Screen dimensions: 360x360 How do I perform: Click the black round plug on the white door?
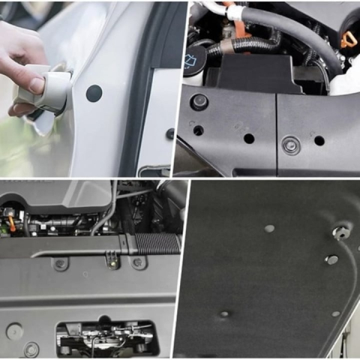pyautogui.click(x=94, y=94)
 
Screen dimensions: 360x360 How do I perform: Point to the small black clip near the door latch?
pyautogui.click(x=170, y=133)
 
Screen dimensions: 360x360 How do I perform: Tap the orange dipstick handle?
pyautogui.click(x=347, y=37)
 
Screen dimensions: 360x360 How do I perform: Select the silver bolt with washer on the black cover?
pyautogui.click(x=290, y=145)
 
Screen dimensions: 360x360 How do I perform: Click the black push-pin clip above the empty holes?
pyautogui.click(x=199, y=102)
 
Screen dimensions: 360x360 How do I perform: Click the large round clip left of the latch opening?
pyautogui.click(x=14, y=331)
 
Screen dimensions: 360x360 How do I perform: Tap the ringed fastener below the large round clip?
pyautogui.click(x=31, y=349)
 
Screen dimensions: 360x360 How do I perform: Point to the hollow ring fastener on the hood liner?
pyautogui.click(x=341, y=232)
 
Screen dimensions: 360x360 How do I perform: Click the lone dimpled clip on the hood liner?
pyautogui.click(x=224, y=313)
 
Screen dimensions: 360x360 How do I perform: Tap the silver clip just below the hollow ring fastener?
pyautogui.click(x=331, y=260)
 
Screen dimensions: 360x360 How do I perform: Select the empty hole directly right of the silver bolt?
pyautogui.click(x=319, y=140)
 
